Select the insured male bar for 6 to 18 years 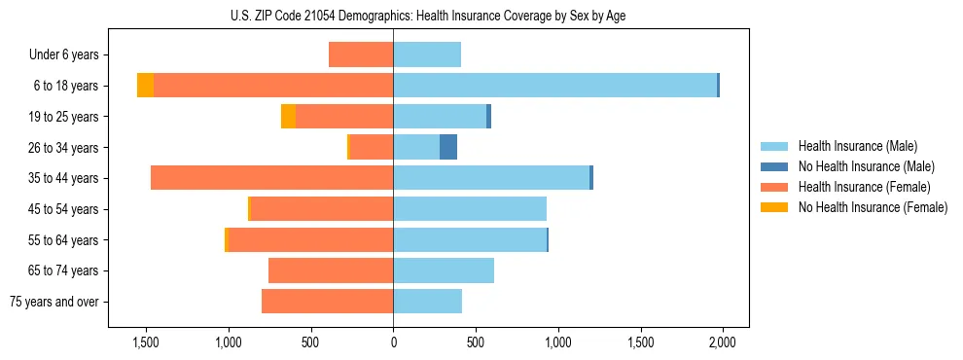point(554,86)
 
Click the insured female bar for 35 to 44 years point(272,178)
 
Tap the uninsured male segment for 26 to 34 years point(447,147)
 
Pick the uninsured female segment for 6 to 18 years point(145,86)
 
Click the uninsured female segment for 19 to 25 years point(288,117)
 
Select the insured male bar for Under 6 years point(427,54)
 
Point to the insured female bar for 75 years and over point(328,302)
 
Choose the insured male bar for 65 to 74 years point(444,270)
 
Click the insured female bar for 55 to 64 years point(311,239)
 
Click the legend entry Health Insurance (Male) point(857,146)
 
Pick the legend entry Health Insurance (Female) point(864,187)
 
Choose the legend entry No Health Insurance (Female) point(873,207)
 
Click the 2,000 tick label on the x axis point(722,343)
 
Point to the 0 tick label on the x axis point(393,343)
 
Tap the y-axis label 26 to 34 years point(63,148)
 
